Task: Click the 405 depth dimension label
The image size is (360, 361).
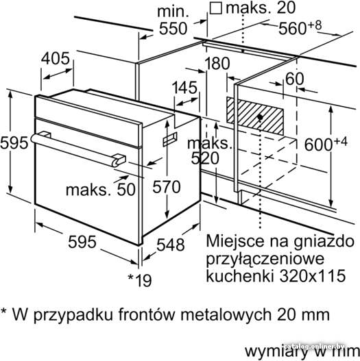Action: pyautogui.click(x=56, y=58)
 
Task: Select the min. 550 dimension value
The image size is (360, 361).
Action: pyautogui.click(x=173, y=29)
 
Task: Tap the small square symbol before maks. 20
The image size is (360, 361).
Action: pyautogui.click(x=216, y=9)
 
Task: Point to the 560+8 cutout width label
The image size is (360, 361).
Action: pyautogui.click(x=300, y=27)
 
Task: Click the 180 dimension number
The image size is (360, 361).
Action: pyautogui.click(x=217, y=63)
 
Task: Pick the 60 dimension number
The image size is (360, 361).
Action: pyautogui.click(x=295, y=79)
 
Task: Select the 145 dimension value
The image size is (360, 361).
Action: pyautogui.click(x=185, y=88)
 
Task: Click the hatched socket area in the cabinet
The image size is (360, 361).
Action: pyautogui.click(x=255, y=116)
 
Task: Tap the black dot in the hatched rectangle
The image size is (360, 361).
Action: pyautogui.click(x=260, y=117)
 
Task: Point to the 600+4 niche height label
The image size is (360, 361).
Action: pyautogui.click(x=326, y=144)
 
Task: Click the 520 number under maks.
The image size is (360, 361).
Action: pyautogui.click(x=205, y=158)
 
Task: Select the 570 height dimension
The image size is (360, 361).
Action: pyautogui.click(x=167, y=186)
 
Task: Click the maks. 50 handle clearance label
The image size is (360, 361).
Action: pyautogui.click(x=101, y=190)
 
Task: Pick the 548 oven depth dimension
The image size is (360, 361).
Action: pyautogui.click(x=171, y=245)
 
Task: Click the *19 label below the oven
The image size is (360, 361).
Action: pyautogui.click(x=140, y=279)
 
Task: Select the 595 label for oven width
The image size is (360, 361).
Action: pyautogui.click(x=82, y=242)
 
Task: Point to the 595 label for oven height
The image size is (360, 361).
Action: pyautogui.click(x=14, y=142)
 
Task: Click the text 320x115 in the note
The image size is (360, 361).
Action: pyautogui.click(x=313, y=275)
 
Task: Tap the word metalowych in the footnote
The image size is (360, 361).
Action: pyautogui.click(x=226, y=314)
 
